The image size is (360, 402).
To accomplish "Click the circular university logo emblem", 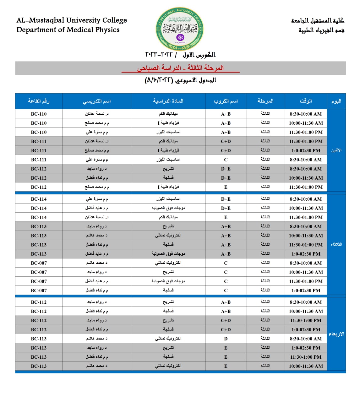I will (180, 29).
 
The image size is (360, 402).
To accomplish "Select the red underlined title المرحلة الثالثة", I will (205, 68).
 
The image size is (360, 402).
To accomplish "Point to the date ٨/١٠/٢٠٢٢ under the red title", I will (159, 80).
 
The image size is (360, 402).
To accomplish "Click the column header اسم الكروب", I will (226, 101).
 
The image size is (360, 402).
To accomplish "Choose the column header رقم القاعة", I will (39, 101).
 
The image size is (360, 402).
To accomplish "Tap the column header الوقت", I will (306, 101).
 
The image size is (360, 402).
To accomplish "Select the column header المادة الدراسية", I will (168, 101).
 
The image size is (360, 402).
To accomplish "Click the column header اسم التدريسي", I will (97, 101).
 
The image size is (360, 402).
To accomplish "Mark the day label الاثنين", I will (336, 150).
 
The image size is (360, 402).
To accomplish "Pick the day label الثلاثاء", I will (336, 244).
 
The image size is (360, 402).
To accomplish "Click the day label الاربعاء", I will (336, 334).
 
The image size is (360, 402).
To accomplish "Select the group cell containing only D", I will (226, 339).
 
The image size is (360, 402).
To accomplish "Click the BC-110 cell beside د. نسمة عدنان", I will (39, 114).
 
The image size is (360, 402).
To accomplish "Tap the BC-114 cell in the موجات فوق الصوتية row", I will (39, 208).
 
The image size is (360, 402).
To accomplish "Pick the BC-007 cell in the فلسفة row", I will (39, 291).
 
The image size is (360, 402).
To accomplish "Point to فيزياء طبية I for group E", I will (168, 187).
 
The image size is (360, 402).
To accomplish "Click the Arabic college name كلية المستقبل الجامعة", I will (318, 21).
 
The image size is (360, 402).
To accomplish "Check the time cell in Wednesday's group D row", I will (306, 339).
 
